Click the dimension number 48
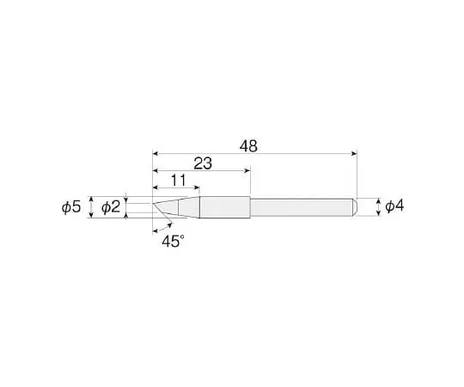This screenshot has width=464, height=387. click(248, 147)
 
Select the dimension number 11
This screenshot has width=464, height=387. click(179, 181)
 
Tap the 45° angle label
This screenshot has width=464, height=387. click(173, 243)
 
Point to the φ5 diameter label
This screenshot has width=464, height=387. click(71, 207)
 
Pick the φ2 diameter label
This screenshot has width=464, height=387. click(111, 207)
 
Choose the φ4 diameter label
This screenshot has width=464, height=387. click(394, 207)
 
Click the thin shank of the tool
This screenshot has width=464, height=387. click(301, 207)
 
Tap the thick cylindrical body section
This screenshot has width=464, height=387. click(225, 207)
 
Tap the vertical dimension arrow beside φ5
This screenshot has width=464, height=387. click(90, 207)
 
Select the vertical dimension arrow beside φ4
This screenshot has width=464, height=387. click(377, 207)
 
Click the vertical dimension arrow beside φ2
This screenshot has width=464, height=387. click(127, 207)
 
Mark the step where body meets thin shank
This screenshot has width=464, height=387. click(250, 207)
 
